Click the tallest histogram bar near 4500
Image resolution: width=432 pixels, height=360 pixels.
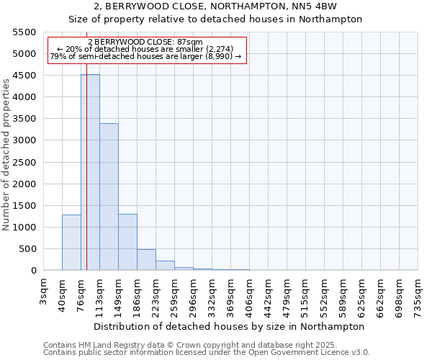click(90, 173)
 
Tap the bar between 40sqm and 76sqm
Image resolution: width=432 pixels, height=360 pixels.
click(71, 242)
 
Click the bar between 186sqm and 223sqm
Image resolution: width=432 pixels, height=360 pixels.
click(146, 260)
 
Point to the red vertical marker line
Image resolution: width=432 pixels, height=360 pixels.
click(86, 180)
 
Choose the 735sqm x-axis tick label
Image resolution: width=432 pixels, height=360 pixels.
click(418, 293)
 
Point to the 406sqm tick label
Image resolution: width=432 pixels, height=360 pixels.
click(249, 293)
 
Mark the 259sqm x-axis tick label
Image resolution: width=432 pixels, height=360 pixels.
click(174, 293)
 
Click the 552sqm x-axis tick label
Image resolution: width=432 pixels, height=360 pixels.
click(324, 293)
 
